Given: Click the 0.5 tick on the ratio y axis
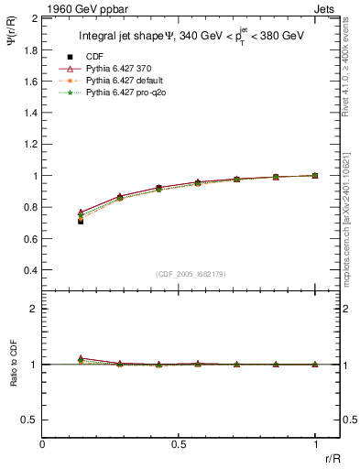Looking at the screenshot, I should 31,420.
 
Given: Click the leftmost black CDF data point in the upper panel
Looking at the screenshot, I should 81,221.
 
